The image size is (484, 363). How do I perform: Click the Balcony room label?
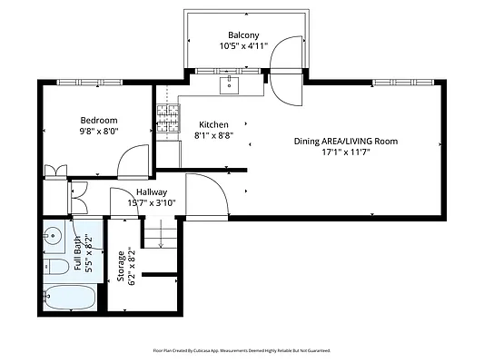pos(243,34)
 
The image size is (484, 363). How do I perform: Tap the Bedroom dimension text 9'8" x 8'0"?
pos(99,131)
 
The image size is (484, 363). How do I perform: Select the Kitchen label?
pos(213,124)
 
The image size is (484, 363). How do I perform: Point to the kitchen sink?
pos(229,85)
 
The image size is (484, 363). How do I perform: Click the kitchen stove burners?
pos(169,119)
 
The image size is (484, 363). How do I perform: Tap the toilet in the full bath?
pos(56,267)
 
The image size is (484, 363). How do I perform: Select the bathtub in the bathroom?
pos(70,298)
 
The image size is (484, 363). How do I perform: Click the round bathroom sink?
pos(53,236)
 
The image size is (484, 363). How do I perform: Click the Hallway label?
pos(152,192)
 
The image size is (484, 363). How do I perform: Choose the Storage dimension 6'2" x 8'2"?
pos(132,266)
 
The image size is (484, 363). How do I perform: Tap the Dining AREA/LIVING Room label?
pos(346,142)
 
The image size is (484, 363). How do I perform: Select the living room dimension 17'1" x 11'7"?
pos(346,152)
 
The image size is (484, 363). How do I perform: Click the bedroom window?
pos(90,83)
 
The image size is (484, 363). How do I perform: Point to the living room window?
pos(403,83)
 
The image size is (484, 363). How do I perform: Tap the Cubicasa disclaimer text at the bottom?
pos(242,350)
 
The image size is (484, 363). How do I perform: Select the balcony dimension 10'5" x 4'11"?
pos(243,46)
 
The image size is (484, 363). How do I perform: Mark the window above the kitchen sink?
pos(228,71)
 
